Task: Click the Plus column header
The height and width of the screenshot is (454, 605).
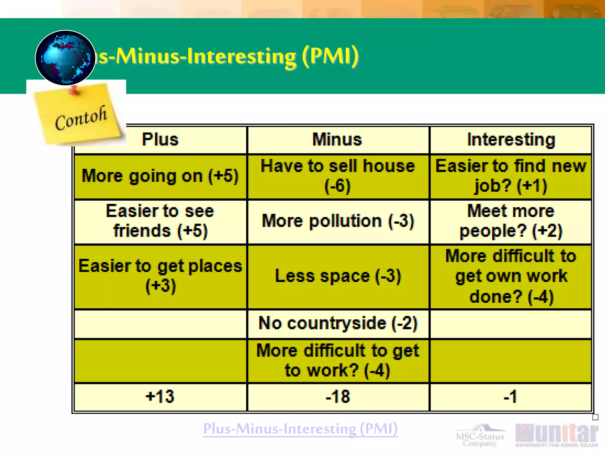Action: (160, 140)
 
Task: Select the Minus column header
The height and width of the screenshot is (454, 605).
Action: (337, 140)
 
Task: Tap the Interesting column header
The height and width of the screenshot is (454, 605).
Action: (511, 140)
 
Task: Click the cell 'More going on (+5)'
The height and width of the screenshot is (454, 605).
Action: (160, 176)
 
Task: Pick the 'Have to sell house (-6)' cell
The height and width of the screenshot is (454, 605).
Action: (338, 176)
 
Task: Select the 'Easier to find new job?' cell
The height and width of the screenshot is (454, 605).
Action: (511, 176)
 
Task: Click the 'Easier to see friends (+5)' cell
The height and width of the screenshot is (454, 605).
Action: (160, 221)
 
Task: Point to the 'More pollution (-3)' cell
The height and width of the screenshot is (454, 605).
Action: (338, 221)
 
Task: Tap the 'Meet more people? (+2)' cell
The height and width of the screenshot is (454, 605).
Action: (511, 221)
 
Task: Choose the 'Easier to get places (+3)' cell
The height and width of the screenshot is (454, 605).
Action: (160, 276)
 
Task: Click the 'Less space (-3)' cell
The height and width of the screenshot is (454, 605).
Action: (338, 276)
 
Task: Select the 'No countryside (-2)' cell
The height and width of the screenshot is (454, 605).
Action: (338, 323)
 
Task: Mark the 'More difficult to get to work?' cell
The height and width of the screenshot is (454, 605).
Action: (338, 361)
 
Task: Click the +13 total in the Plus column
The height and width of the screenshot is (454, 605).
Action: (160, 396)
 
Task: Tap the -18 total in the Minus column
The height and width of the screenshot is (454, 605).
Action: (338, 396)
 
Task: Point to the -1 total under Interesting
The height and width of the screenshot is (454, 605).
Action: (510, 396)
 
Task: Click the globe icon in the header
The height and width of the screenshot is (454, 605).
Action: (65, 58)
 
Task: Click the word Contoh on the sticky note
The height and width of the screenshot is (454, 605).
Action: (81, 118)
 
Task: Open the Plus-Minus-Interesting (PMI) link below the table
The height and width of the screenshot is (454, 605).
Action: (300, 429)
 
